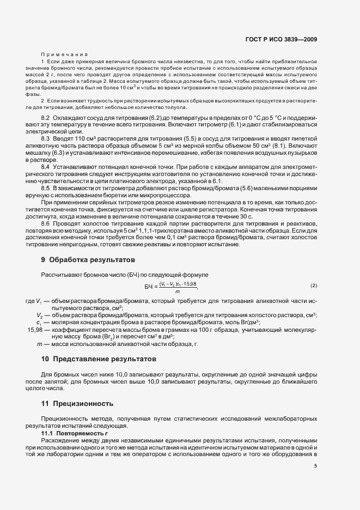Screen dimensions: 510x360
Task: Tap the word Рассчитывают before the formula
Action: click(60, 274)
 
